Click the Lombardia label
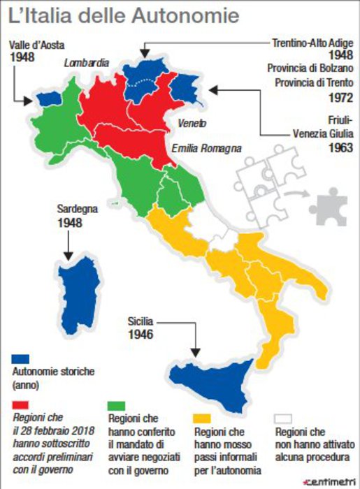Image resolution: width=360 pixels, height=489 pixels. (x=87, y=63)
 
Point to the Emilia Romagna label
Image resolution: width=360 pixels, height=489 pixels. (x=207, y=148)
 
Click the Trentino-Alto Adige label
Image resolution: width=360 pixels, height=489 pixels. (x=311, y=43)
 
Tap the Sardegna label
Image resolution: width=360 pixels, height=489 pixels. (x=78, y=209)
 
